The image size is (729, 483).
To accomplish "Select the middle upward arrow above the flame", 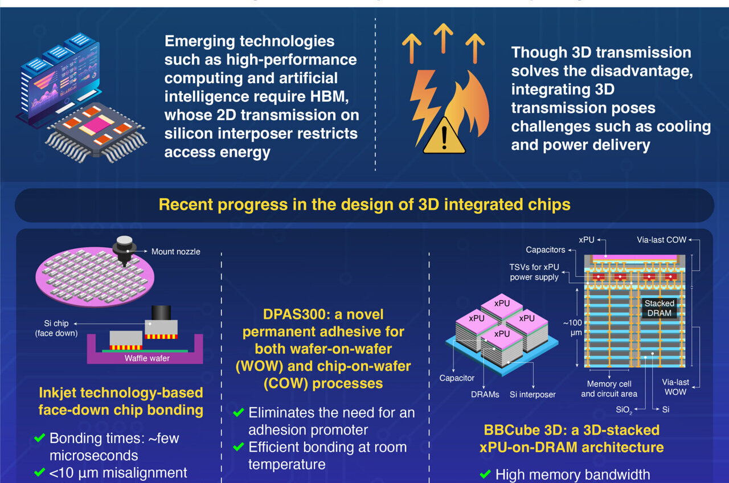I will [x=443, y=37].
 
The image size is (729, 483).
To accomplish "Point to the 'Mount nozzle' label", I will [x=175, y=251].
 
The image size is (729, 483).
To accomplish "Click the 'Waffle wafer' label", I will [x=147, y=358].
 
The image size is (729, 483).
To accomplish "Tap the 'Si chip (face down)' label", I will [x=56, y=328].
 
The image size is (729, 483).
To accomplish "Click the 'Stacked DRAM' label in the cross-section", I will [x=659, y=308].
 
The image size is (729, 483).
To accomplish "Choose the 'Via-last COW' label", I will [x=661, y=240].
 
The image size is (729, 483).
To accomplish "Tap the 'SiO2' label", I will [x=624, y=410].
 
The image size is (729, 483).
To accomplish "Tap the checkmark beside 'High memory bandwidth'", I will [x=485, y=474].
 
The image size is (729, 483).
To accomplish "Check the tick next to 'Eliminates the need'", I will [x=239, y=412].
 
